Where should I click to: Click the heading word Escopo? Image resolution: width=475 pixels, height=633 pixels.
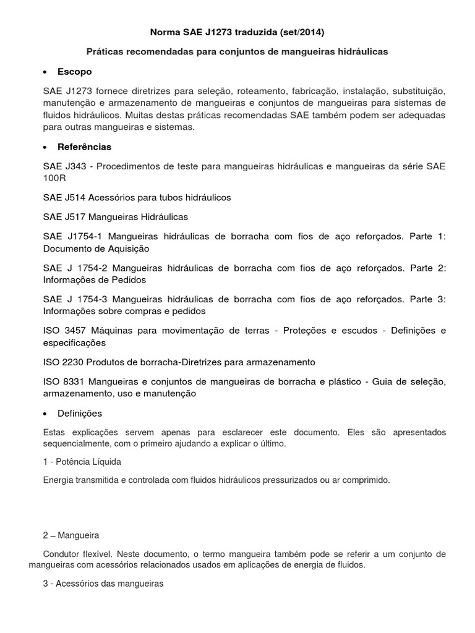tap(74, 72)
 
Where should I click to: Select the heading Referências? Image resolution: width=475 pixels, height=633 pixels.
tap(85, 147)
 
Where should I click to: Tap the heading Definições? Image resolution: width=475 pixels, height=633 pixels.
tap(80, 413)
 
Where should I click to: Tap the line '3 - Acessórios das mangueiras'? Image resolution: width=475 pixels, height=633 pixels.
tap(103, 583)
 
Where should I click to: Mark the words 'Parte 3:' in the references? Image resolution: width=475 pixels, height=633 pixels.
tap(428, 300)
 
